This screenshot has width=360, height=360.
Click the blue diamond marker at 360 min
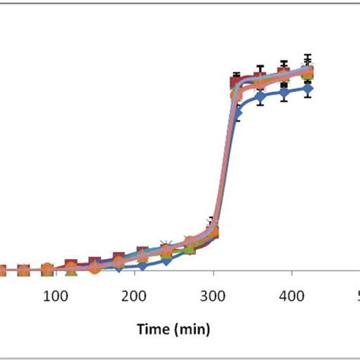point(261,96)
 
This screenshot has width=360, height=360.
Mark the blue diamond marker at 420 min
point(308,88)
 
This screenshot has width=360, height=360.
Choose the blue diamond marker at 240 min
point(166,261)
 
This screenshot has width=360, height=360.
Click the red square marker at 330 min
point(236,79)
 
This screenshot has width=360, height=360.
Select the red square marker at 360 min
point(261,77)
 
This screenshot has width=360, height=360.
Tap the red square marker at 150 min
point(95,264)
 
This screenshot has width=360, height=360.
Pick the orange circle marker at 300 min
point(213,231)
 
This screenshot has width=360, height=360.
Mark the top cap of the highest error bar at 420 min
point(308,55)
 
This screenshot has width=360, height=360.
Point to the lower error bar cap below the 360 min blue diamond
point(261,106)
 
